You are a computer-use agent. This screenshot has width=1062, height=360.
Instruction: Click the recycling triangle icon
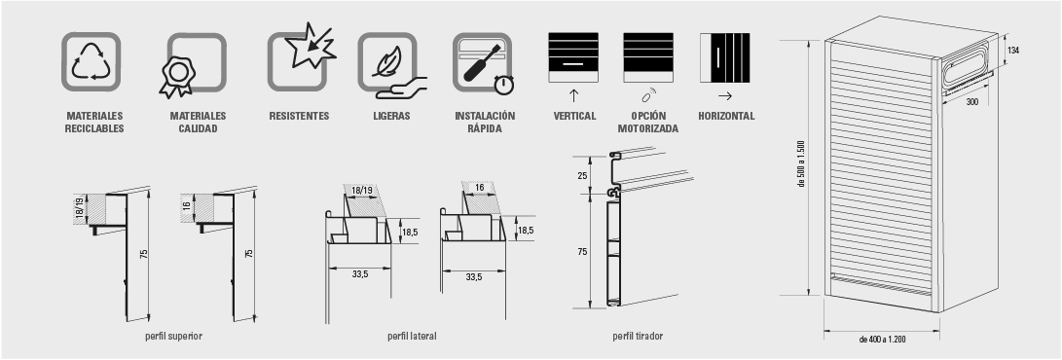[x=91, y=61]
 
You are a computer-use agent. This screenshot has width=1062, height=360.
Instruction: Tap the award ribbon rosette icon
[x=177, y=76]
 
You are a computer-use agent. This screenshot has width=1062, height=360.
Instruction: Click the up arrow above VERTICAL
[x=573, y=95]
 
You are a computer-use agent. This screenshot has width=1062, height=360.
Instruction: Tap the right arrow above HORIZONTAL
[x=724, y=96]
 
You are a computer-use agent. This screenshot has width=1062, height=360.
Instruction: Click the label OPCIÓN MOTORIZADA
[x=648, y=123]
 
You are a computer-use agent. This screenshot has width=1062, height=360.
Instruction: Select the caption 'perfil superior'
[x=173, y=336]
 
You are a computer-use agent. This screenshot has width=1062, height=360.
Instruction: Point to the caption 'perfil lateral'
[x=412, y=336]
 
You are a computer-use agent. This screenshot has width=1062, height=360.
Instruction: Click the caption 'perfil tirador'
[x=638, y=336]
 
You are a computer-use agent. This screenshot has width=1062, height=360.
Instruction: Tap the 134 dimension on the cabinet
[x=1012, y=51]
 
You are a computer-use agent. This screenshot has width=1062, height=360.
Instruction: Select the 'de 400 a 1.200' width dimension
[x=882, y=339]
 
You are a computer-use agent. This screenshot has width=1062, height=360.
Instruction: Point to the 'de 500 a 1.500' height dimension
[x=800, y=163]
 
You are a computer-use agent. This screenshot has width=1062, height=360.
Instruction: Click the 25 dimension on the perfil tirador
[x=582, y=176]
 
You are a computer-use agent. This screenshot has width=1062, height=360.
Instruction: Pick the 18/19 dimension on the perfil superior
[x=78, y=209]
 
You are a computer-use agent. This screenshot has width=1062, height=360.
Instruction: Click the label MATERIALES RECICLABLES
[x=94, y=123]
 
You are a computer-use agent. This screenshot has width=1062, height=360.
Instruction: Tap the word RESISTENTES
[x=299, y=117]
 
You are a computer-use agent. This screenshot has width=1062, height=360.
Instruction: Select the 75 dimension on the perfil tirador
[x=582, y=252]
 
